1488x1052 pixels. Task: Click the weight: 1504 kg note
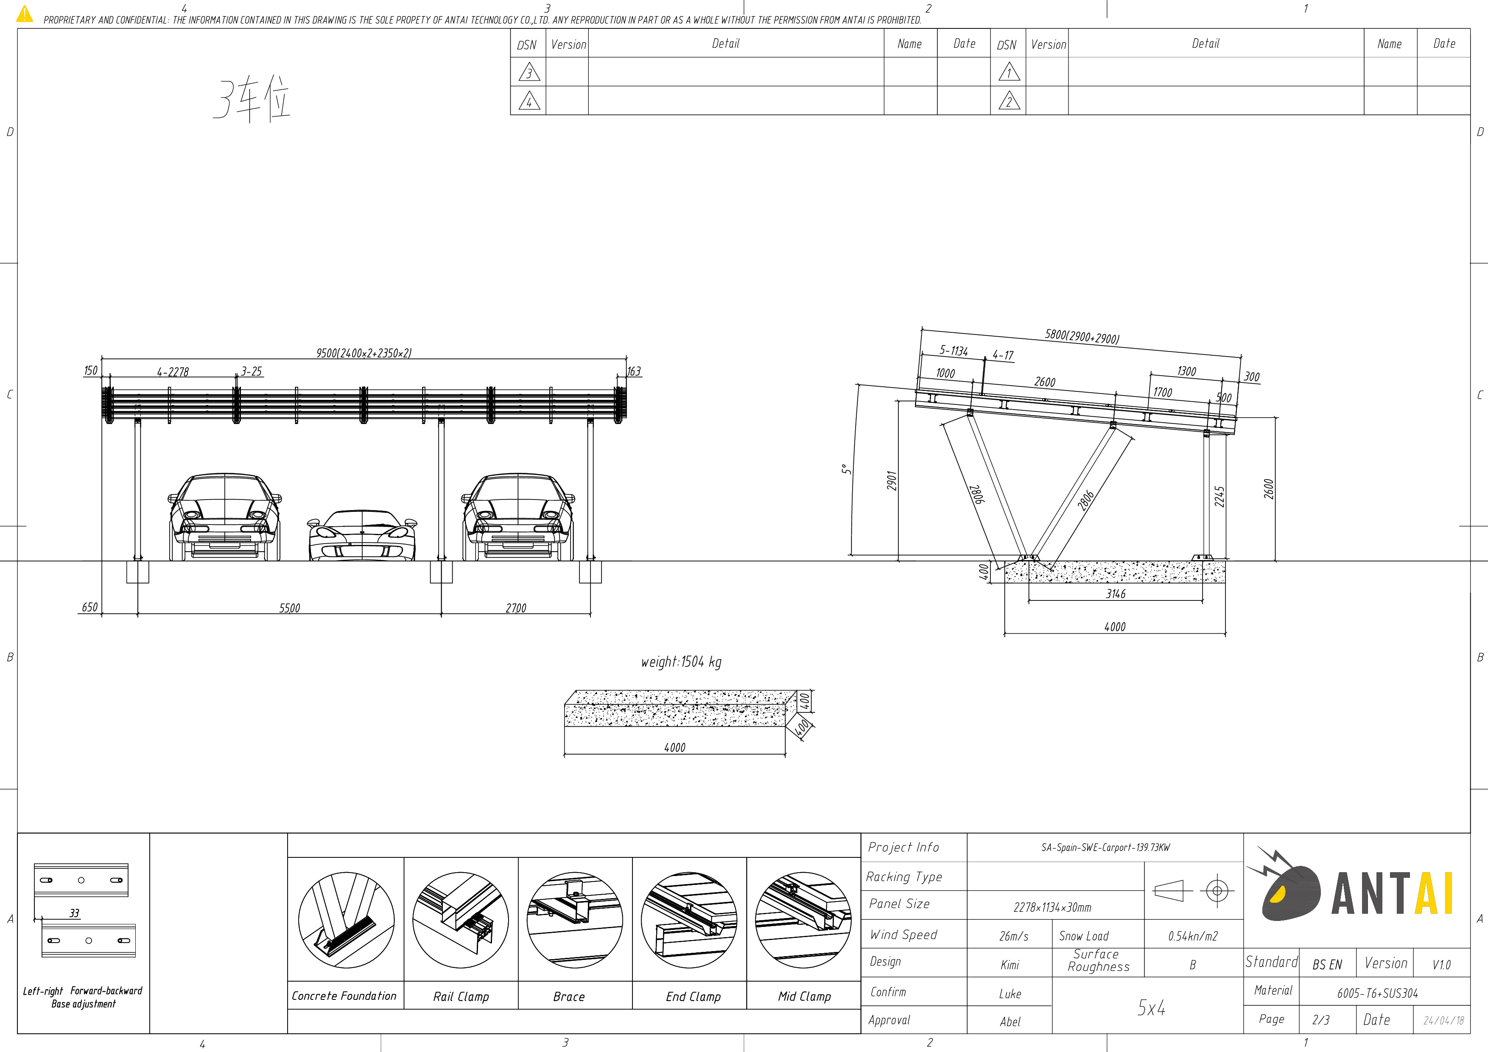[681, 661]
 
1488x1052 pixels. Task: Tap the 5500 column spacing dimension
[290, 608]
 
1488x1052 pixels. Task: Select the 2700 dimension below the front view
[516, 608]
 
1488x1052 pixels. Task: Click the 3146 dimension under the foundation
[1115, 593]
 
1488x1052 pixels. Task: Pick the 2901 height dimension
[892, 481]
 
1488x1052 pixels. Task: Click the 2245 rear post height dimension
[1219, 497]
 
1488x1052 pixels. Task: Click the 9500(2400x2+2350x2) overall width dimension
[364, 353]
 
